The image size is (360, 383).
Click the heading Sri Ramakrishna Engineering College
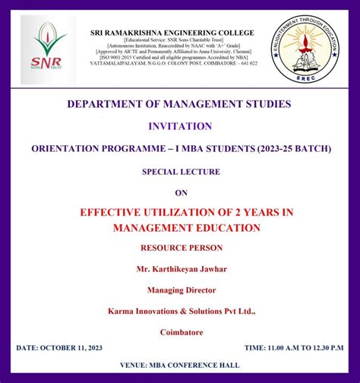point(172,33)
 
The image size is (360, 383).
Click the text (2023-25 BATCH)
point(291,149)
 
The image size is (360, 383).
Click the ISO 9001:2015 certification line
point(172,57)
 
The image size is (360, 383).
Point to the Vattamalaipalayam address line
point(172,64)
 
